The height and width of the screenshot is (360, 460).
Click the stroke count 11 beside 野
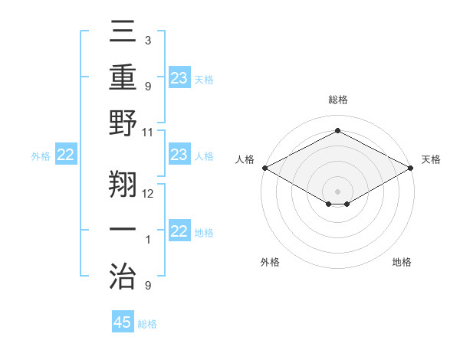point(148,132)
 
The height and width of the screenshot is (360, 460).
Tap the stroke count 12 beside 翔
point(148,193)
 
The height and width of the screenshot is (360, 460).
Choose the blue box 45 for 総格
point(123,322)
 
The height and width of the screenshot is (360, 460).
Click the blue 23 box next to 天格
point(179,77)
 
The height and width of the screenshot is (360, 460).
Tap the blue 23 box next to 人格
point(179,155)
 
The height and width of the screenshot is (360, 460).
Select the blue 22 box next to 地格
point(179,232)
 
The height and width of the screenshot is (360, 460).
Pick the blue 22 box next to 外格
point(65,155)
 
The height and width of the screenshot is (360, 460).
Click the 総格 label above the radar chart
point(337,100)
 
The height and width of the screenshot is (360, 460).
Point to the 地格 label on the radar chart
point(402,263)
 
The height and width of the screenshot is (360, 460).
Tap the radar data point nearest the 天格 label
point(411,168)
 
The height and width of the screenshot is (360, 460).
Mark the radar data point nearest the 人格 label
point(264,168)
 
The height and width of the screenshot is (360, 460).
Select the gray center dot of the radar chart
point(337,191)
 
